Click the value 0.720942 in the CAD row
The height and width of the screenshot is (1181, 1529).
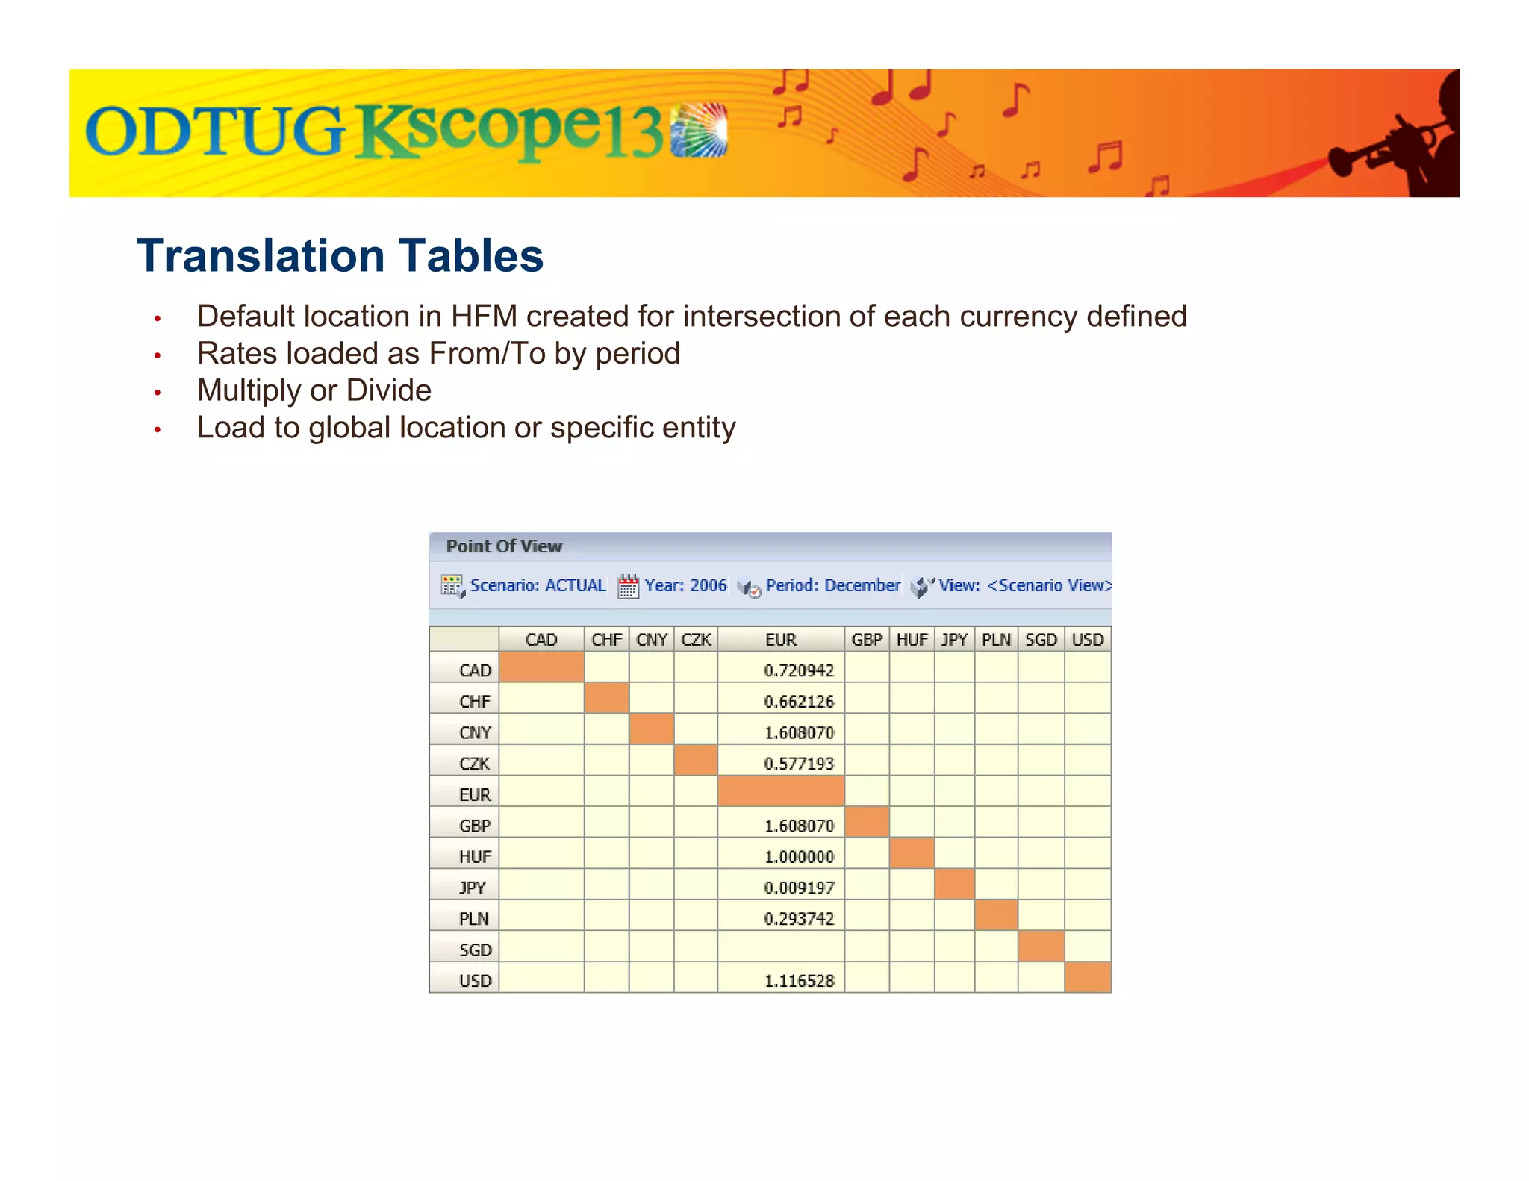click(798, 670)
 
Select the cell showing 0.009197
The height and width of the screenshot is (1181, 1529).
click(798, 888)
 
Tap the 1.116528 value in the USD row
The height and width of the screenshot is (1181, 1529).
click(798, 981)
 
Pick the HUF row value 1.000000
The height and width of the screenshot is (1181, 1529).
click(798, 856)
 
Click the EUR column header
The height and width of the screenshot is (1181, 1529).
click(781, 640)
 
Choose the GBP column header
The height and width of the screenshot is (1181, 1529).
click(867, 640)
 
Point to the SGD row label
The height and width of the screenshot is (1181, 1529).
click(475, 950)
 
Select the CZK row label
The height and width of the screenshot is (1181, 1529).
click(475, 764)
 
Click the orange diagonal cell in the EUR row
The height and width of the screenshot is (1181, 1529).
click(781, 791)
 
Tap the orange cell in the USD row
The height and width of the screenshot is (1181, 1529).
click(1088, 977)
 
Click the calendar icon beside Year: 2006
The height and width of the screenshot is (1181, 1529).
click(628, 587)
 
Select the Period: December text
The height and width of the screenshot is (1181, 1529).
click(832, 585)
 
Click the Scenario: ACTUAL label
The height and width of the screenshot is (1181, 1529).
click(538, 585)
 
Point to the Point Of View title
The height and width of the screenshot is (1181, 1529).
click(504, 546)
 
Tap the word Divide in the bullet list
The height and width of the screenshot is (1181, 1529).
click(389, 390)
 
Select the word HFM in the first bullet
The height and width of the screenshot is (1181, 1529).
click(484, 317)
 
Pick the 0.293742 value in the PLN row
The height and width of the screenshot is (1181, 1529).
click(798, 919)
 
